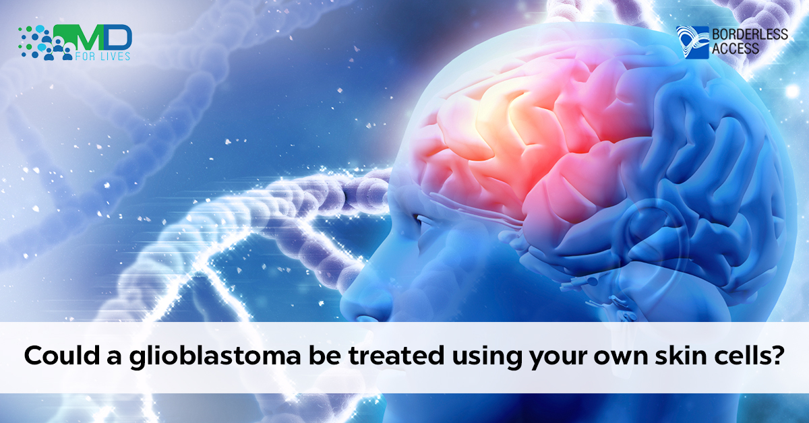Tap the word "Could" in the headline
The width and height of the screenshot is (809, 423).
[x=62, y=356]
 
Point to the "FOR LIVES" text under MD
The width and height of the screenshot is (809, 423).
[x=102, y=56]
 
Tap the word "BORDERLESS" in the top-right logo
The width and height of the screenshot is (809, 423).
[x=750, y=34]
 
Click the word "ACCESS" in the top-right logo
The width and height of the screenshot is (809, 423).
[x=736, y=48]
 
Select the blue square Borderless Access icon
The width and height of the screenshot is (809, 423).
[x=692, y=42]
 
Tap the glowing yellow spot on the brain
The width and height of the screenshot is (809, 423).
[x=520, y=108]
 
